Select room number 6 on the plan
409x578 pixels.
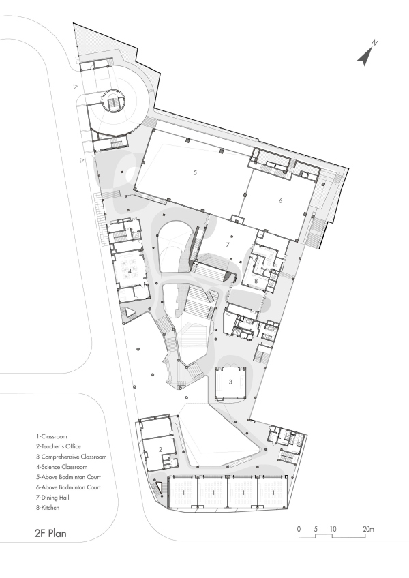tap(279, 201)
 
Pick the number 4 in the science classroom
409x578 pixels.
tap(129, 271)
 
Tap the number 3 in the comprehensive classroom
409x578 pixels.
tap(230, 382)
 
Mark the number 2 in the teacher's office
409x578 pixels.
tap(159, 448)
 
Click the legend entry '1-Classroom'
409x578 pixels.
tap(54, 435)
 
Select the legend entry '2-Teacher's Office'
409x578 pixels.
tap(61, 446)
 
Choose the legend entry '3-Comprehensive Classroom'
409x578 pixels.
tap(72, 456)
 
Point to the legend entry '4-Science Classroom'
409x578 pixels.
tap(63, 467)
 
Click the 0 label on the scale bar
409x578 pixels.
tap(299, 528)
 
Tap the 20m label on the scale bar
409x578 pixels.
tap(367, 528)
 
